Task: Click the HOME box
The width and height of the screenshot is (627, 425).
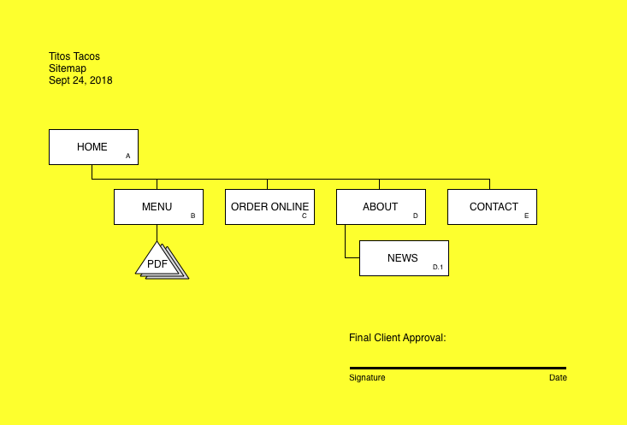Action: coord(92,147)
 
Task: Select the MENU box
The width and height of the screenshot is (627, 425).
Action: coord(157,207)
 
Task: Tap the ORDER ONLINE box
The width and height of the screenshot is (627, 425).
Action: coord(269,207)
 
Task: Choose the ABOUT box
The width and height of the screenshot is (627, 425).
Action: coord(380,207)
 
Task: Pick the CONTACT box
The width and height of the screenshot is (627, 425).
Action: coord(493,207)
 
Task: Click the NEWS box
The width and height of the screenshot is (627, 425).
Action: coord(403,258)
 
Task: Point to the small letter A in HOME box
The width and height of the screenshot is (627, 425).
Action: coord(127,156)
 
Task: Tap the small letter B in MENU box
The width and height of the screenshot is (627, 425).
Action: coord(192,216)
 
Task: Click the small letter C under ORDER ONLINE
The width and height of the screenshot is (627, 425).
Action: coord(304,216)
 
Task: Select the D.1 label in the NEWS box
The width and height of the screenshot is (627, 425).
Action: coord(437,268)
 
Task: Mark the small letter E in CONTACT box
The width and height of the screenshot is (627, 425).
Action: coord(527,216)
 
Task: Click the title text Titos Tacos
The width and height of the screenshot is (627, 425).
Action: coord(74,56)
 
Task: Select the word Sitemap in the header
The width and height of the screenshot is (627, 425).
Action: coord(68,68)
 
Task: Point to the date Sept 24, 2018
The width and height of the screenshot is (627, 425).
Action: coord(80,80)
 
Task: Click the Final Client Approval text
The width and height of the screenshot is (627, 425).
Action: coord(397,338)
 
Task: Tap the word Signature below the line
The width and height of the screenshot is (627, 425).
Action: coord(367,378)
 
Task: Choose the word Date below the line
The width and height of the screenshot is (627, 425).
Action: coord(558,378)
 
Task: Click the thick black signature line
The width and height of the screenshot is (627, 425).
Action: coord(458,368)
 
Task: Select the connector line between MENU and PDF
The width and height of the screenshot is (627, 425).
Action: coord(157,233)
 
